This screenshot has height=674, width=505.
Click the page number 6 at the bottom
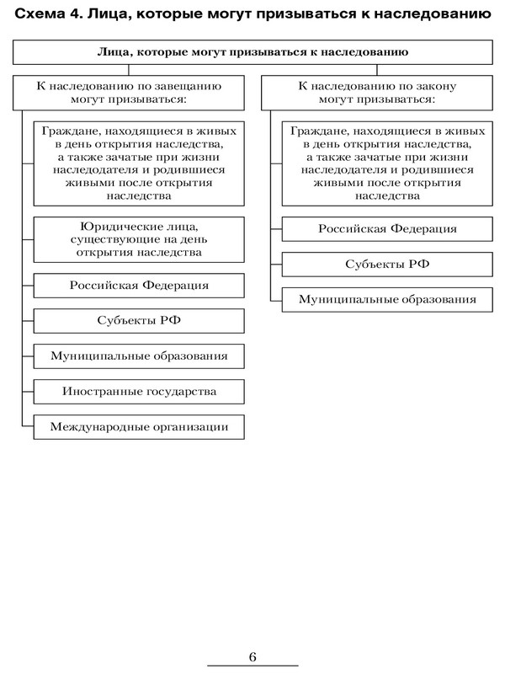click(252, 656)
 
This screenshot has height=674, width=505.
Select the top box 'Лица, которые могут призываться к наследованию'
click(252, 52)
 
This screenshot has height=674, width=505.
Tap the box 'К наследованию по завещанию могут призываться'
click(129, 92)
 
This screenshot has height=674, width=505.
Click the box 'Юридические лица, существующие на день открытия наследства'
click(139, 238)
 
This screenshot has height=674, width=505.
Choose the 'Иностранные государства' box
click(139, 391)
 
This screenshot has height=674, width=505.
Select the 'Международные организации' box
click(139, 426)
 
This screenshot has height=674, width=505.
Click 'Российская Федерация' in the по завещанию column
click(139, 286)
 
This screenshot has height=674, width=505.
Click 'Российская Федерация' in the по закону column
click(388, 228)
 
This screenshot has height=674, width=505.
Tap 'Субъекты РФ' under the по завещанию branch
click(139, 321)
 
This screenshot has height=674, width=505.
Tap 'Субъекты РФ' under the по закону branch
click(388, 264)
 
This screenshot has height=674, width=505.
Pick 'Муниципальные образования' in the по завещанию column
click(139, 356)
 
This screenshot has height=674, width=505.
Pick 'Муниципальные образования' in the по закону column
click(388, 299)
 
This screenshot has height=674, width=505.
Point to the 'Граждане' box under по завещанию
click(139, 163)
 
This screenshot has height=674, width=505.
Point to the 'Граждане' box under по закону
click(388, 163)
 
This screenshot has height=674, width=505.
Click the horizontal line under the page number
click(252, 667)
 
